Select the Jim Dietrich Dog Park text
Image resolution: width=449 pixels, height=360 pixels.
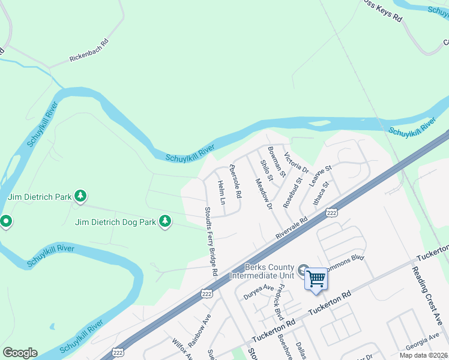pos(115,222)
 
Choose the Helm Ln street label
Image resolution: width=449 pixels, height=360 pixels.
pos(221,192)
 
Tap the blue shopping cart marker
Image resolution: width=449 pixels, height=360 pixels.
pos(316,279)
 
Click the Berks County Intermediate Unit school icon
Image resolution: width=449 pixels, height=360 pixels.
pos(304,271)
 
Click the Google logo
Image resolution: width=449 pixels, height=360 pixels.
pos(20,353)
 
